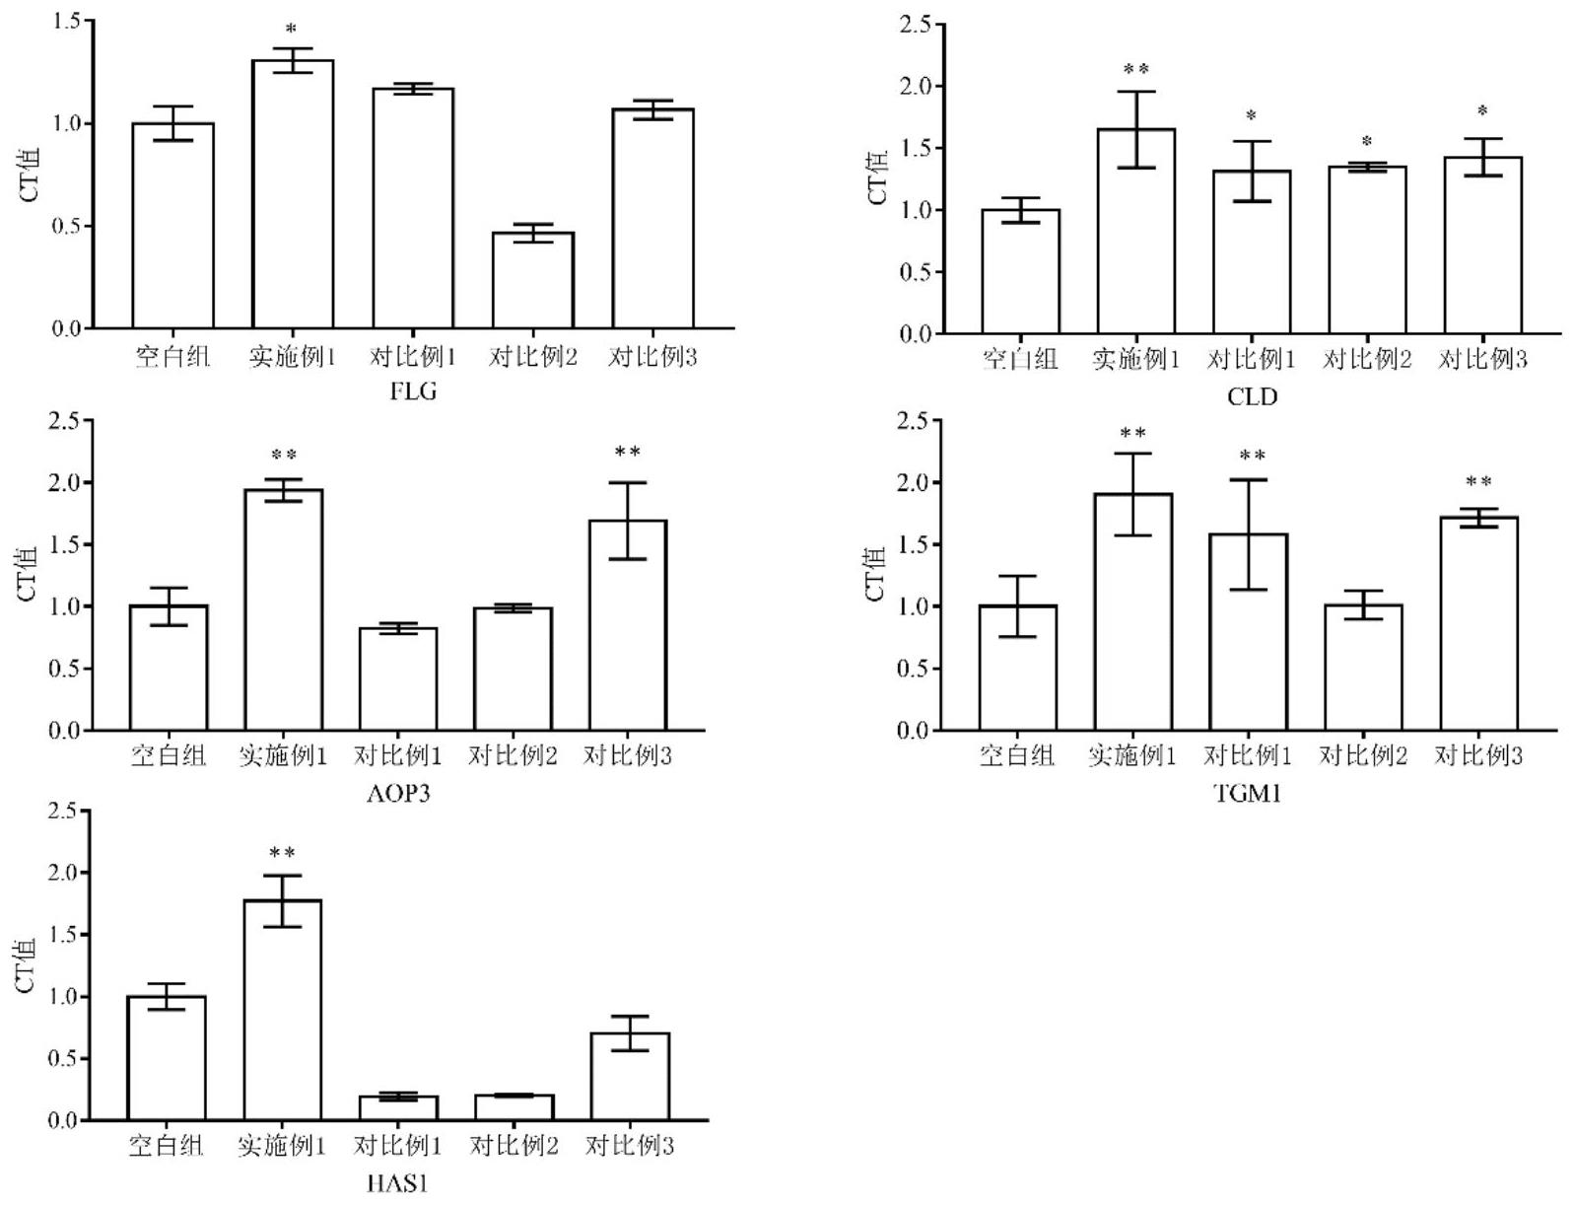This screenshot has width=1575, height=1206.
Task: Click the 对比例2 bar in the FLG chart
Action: [533, 280]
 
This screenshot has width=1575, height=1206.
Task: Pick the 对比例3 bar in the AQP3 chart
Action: [627, 625]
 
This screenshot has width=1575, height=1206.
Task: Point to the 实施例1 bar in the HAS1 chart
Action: [283, 1010]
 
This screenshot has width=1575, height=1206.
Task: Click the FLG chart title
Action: [414, 391]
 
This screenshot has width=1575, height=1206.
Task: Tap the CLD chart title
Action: [1252, 396]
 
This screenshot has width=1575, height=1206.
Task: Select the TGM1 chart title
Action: [1248, 792]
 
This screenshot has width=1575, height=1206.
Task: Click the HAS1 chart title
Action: [398, 1182]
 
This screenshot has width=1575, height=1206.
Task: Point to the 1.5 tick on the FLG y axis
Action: [69, 21]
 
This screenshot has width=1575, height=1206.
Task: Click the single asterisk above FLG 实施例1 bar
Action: [291, 31]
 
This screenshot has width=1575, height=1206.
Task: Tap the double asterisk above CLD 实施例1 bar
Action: [1135, 70]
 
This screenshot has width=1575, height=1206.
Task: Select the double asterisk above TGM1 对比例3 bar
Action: [1478, 482]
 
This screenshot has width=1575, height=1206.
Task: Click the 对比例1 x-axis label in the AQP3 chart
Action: [398, 756]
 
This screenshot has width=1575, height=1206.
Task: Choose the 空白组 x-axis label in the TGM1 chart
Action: [1017, 756]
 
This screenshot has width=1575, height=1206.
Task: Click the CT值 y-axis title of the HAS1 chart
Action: [27, 964]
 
